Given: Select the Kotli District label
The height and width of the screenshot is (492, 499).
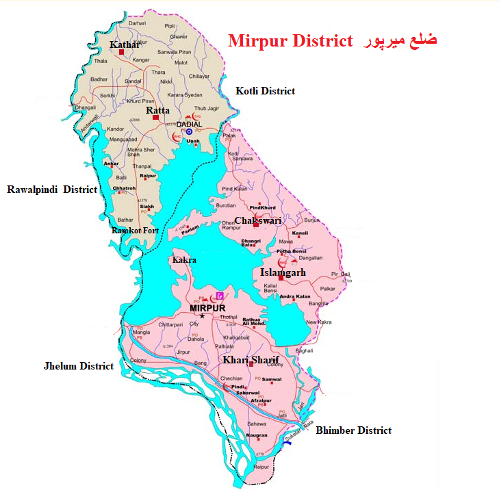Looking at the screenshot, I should pyautogui.click(x=265, y=91).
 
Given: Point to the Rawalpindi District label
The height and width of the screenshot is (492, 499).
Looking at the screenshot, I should pyautogui.click(x=52, y=189).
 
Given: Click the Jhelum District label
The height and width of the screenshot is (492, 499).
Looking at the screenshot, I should pyautogui.click(x=78, y=366).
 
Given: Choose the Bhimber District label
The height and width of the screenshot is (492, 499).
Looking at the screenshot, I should pyautogui.click(x=353, y=430).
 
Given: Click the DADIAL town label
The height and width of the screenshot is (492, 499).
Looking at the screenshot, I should pyautogui.click(x=189, y=124).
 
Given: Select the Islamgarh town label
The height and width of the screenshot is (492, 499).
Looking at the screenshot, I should pyautogui.click(x=283, y=272).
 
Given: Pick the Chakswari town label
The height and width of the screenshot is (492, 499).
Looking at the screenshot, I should pyautogui.click(x=257, y=220).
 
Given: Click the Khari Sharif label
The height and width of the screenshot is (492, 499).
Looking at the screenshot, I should pyautogui.click(x=251, y=359).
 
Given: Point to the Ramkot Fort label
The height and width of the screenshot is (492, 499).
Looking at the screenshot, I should pyautogui.click(x=135, y=231).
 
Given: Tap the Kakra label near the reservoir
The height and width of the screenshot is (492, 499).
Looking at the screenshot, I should pyautogui.click(x=184, y=260).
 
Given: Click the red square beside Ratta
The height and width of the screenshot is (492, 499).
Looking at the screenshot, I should pyautogui.click(x=155, y=118).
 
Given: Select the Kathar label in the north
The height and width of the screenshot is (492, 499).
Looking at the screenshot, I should pyautogui.click(x=125, y=45).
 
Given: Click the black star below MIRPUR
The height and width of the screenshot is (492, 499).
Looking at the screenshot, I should pyautogui.click(x=202, y=315).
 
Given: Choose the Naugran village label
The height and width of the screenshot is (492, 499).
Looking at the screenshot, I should pyautogui.click(x=257, y=436).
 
